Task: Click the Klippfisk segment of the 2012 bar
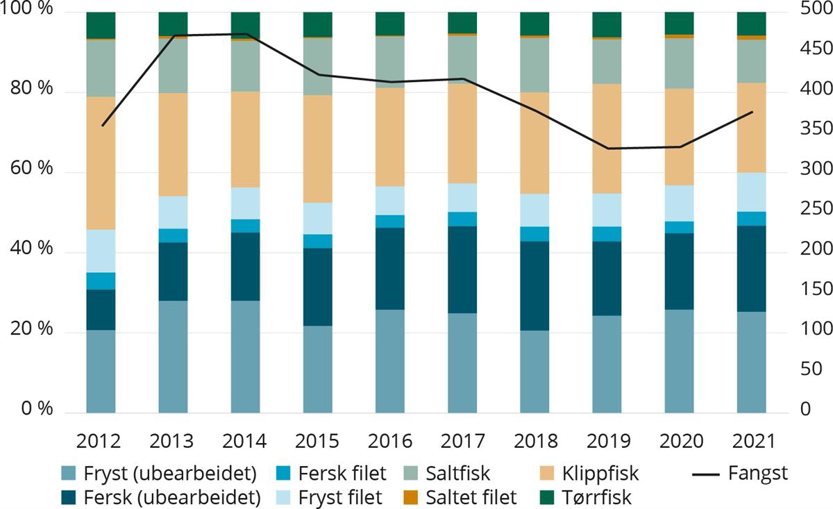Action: [101, 162]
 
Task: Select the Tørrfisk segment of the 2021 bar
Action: [751, 23]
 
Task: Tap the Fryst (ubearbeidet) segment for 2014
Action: [245, 357]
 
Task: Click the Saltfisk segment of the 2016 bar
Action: [390, 61]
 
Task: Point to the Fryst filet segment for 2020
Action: [679, 203]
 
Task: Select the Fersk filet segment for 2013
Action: [173, 235]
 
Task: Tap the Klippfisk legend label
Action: [600, 474]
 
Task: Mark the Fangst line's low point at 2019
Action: [607, 148]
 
